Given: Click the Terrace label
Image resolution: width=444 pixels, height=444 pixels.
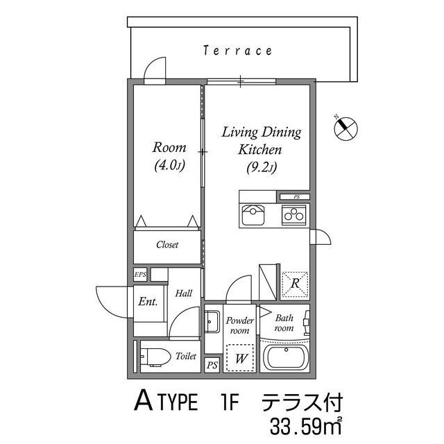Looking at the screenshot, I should click(x=237, y=51).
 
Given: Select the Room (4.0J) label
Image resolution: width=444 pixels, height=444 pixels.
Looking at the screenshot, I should click(x=169, y=156).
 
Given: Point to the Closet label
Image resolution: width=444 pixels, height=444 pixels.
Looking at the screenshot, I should click(x=167, y=245).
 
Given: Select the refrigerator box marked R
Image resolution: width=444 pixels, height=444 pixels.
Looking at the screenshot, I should click(x=295, y=283).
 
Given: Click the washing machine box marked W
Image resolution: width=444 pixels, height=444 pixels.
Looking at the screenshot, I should click(x=240, y=358).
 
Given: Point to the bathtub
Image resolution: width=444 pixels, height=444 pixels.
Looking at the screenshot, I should click(x=287, y=359).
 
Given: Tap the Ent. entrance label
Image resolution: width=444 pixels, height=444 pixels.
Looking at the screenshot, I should click(x=148, y=302).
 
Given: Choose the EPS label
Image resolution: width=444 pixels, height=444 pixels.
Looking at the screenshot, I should click(x=140, y=275).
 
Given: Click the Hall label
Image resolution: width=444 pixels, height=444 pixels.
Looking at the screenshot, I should click(x=183, y=293).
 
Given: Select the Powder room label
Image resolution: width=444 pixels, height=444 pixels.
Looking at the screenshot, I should click(x=240, y=326).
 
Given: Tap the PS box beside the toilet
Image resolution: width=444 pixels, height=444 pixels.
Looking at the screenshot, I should click(x=212, y=365).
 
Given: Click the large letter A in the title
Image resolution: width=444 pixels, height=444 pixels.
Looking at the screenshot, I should click(x=143, y=402).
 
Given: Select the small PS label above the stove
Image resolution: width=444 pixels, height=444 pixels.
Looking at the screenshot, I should click(x=296, y=196).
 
